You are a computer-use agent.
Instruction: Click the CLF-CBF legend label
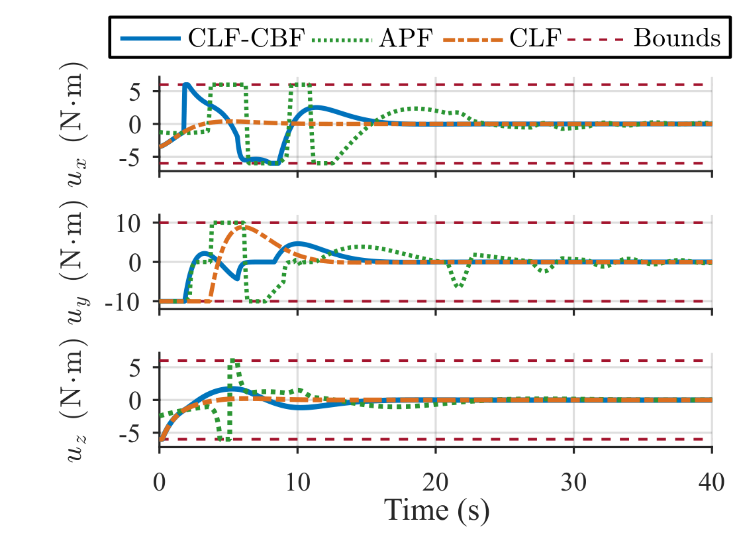pos(246,38)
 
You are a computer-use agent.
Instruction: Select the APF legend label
pos(406,38)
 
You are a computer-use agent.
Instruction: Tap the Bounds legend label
pos(677,38)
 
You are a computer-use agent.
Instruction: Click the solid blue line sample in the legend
pos(151,38)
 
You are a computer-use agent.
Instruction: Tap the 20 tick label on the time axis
pos(436,482)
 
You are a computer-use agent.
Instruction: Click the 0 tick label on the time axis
pos(160,482)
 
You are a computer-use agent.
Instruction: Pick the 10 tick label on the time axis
pos(298,482)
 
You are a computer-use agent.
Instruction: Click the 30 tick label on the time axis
pos(573,482)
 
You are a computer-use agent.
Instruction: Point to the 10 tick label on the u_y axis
pos(128,223)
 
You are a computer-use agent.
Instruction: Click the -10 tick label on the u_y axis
pos(123,302)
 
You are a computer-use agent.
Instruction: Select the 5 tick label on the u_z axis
pos(135,367)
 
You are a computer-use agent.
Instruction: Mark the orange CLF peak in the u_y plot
pos(241,226)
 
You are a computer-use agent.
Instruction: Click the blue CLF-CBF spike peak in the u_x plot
pos(186,85)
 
